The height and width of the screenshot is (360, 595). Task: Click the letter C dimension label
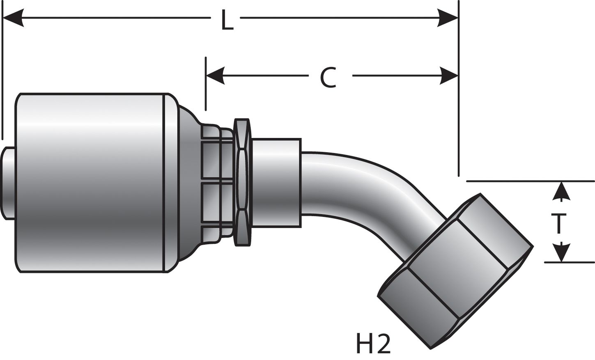[x=329, y=78]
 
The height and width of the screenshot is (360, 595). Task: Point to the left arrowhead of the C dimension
[x=216, y=76]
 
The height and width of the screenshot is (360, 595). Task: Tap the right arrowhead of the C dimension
[x=448, y=76]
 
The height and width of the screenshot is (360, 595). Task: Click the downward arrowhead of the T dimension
[x=561, y=252]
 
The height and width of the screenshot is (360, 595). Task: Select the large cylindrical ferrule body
[x=90, y=183]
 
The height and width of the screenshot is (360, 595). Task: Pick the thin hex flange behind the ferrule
[x=242, y=183]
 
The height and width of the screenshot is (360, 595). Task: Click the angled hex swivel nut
[x=456, y=271]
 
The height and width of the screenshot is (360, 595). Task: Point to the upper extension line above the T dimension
[x=530, y=181]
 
